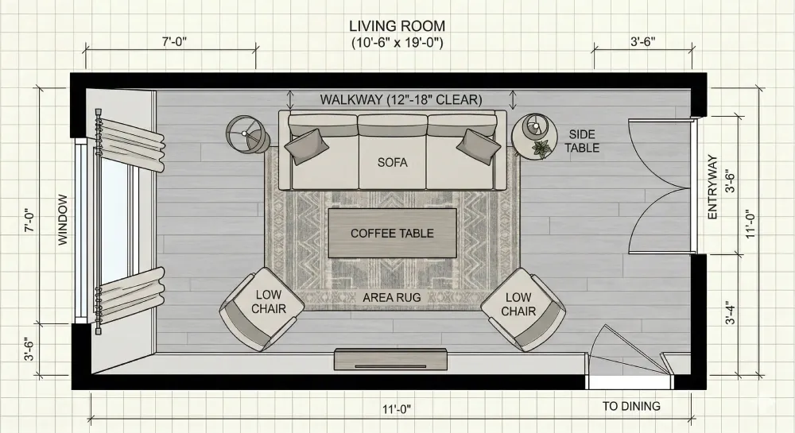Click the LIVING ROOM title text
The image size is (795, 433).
click(397, 26)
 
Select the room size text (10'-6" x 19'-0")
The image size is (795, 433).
click(397, 42)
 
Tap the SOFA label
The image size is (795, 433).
click(392, 162)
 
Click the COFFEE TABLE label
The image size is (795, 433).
click(392, 233)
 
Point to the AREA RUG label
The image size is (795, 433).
click(392, 297)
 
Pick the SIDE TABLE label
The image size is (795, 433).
click(583, 141)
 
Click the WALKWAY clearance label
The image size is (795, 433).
click(401, 100)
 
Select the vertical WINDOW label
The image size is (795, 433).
click(63, 221)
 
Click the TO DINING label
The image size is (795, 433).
click(631, 406)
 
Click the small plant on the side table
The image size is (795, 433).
click(543, 149)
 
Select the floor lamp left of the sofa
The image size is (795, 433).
click(247, 133)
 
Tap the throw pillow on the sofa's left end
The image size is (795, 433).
click(307, 145)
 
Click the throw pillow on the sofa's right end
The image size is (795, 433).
click(479, 145)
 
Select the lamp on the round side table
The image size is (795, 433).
click(534, 126)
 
